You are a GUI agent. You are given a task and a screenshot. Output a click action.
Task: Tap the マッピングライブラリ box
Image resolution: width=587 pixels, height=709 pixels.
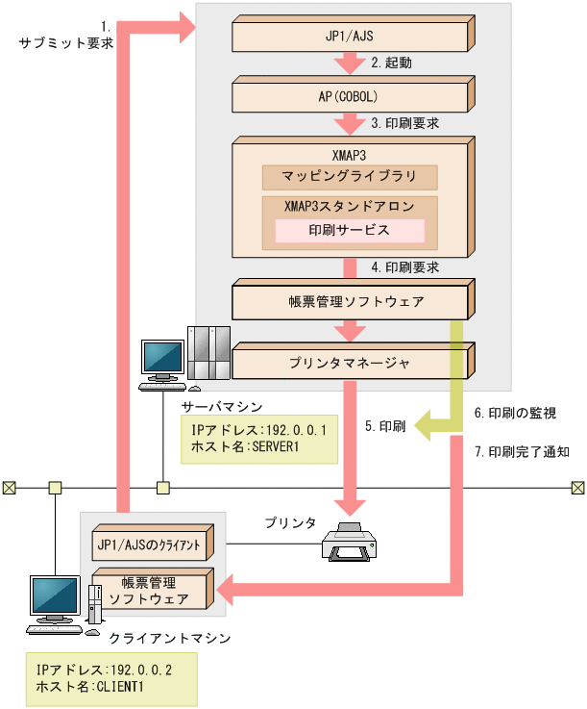click(x=350, y=177)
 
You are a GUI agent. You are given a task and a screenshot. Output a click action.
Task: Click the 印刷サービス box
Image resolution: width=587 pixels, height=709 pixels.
click(x=350, y=231)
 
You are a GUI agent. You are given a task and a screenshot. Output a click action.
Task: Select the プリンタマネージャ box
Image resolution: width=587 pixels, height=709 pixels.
click(x=350, y=364)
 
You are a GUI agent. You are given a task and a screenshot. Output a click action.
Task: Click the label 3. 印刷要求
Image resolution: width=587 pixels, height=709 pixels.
click(x=405, y=124)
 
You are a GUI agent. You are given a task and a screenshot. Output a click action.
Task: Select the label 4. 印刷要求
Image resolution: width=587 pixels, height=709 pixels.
click(x=405, y=266)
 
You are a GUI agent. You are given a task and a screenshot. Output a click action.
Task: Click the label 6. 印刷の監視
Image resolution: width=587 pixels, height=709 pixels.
click(x=515, y=413)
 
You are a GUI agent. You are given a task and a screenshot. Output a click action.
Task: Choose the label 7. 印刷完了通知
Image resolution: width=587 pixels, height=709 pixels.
click(x=522, y=450)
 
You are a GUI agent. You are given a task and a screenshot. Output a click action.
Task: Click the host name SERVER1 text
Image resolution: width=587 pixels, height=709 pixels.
click(x=259, y=448)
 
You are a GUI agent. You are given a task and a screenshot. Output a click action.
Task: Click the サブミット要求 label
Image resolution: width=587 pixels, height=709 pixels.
click(x=66, y=43)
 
